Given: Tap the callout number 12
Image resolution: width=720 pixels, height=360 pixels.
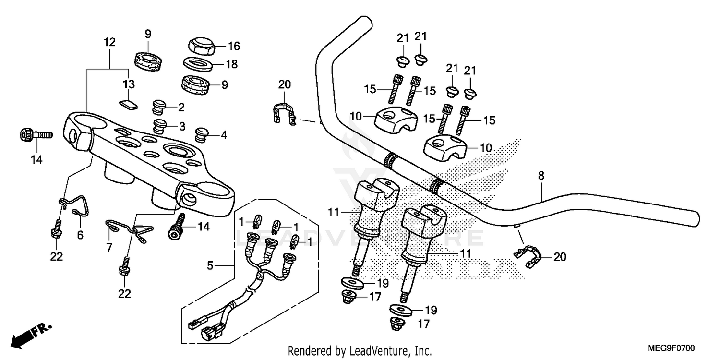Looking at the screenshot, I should tap(109, 42).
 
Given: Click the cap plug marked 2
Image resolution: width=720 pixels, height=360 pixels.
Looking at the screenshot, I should tap(158, 106).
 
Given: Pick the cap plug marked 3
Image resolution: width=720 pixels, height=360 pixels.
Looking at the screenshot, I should tap(159, 126).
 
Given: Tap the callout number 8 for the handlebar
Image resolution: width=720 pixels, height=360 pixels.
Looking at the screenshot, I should tap(541, 176).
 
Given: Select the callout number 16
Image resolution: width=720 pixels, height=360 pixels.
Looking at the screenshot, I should tap(234, 47).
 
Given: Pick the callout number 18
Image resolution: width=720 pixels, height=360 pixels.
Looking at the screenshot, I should tap(231, 64).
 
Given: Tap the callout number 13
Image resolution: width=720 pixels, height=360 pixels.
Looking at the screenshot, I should tap(129, 84).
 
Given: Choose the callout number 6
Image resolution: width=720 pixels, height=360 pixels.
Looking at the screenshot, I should tap(80, 235).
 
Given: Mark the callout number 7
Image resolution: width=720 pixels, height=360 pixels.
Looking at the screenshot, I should tap(109, 247).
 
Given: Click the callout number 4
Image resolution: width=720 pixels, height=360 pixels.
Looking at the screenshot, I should tap(223, 135).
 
